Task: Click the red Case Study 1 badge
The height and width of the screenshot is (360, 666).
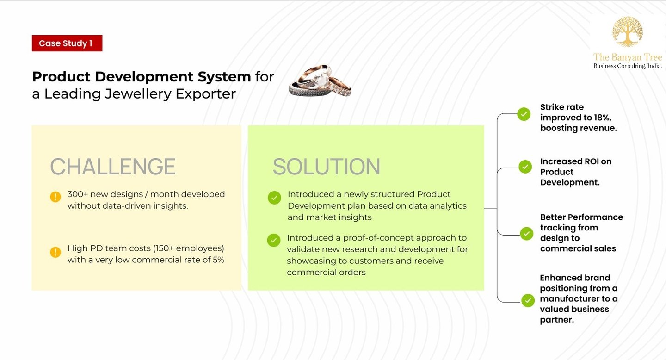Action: [x=67, y=43]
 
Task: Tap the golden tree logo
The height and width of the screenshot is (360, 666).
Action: [x=627, y=31]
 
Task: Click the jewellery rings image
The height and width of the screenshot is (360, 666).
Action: [x=320, y=81]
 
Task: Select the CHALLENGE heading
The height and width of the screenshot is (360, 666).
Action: [x=113, y=167]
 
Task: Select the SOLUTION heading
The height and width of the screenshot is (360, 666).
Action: [x=326, y=167]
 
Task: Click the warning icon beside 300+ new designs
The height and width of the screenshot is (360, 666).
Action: [x=55, y=197]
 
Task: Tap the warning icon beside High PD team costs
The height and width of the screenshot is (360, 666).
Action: [x=55, y=252]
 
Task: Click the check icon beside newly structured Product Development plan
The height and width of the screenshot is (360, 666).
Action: [x=274, y=198]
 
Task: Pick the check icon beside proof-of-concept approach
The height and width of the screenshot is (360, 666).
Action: [x=274, y=240]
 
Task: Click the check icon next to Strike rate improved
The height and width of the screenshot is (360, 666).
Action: [x=524, y=114]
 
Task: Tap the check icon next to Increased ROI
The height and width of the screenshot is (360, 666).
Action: [x=525, y=167]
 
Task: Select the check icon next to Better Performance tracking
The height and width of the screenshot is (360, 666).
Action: [x=526, y=233]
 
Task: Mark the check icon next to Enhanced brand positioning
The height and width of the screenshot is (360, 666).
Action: [x=528, y=300]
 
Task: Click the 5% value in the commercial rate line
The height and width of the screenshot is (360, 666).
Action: [x=218, y=260]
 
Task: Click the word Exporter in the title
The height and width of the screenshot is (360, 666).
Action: [x=205, y=94]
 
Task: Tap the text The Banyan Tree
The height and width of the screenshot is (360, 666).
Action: [x=627, y=57]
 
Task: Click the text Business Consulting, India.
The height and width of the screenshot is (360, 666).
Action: [x=627, y=66]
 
